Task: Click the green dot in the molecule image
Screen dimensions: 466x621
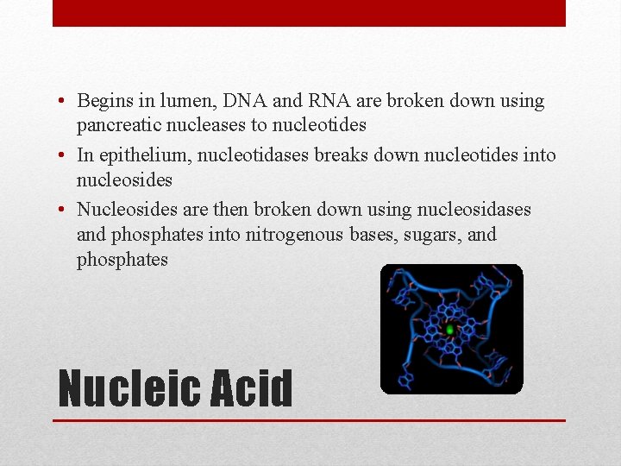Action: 449,330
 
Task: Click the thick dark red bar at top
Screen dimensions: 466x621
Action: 309,13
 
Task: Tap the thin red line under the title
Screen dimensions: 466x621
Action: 309,420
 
